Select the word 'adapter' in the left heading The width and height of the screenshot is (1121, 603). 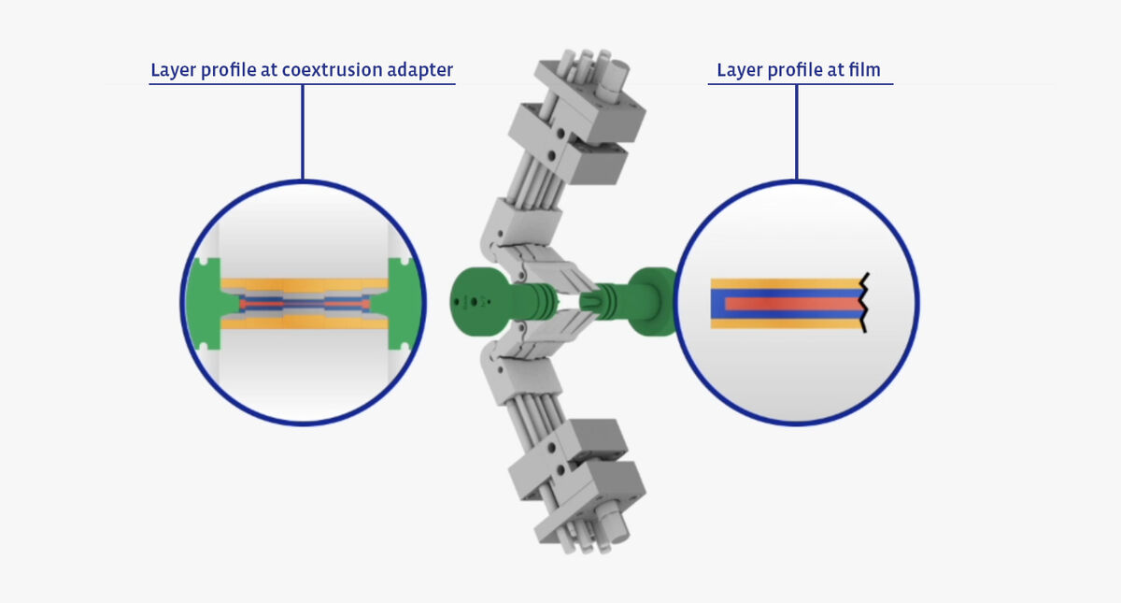[420, 71]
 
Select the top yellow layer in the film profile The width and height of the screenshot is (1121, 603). [785, 283]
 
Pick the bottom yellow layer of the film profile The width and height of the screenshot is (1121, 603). [785, 324]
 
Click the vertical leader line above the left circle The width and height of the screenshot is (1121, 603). [303, 131]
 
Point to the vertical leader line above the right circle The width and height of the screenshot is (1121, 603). [796, 131]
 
